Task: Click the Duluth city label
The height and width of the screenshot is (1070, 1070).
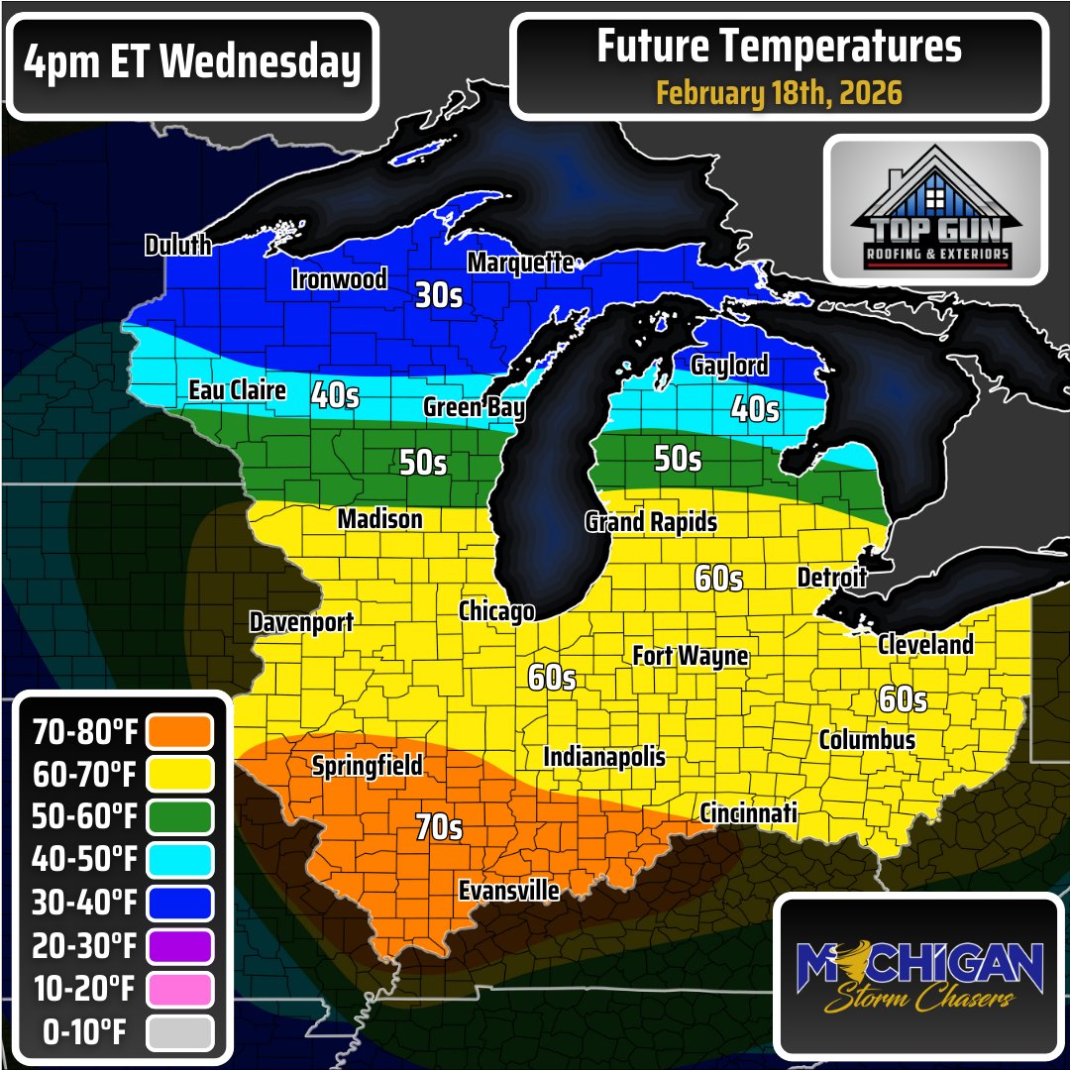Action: (x=178, y=245)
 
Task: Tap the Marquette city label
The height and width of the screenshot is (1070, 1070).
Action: (x=520, y=263)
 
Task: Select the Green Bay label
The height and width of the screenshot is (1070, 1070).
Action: (x=474, y=407)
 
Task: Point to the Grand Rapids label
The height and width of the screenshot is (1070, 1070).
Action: (x=651, y=521)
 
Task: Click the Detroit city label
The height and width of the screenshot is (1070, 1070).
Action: (x=831, y=577)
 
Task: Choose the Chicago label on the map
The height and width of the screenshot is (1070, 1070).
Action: (x=496, y=611)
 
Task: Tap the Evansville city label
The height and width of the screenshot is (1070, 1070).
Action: (x=508, y=891)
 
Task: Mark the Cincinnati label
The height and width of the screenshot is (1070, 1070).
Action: (x=748, y=813)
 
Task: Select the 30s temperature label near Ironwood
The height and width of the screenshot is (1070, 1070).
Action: (x=439, y=295)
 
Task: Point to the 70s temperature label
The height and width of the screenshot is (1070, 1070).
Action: (x=439, y=826)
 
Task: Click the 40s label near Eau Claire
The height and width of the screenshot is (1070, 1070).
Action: (x=335, y=394)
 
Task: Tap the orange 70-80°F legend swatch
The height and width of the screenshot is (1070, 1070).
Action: (x=179, y=732)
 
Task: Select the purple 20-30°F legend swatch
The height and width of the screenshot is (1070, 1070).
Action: (x=179, y=946)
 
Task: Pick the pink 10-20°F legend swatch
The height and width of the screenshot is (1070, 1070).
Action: (x=179, y=989)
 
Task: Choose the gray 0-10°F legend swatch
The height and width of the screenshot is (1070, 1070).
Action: (x=179, y=1032)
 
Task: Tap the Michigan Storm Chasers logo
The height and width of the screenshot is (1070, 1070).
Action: (x=920, y=975)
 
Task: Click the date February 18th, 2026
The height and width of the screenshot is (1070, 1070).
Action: (x=779, y=93)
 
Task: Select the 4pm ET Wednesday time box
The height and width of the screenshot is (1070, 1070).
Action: (x=192, y=64)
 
